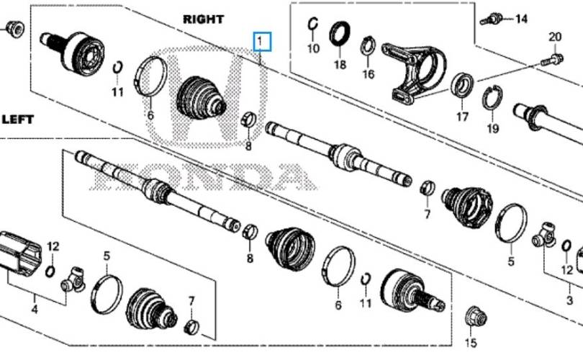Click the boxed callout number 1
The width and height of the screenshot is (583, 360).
[262, 41]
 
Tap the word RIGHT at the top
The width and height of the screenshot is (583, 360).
[204, 19]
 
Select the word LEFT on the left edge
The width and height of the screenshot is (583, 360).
[18, 120]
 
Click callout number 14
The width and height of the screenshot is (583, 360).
[521, 18]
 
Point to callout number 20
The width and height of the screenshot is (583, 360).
[555, 37]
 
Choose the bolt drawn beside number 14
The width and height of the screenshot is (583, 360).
[492, 19]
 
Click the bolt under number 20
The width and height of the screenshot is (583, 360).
[552, 60]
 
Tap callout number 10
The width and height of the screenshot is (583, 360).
[313, 48]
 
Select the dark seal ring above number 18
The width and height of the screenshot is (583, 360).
[340, 35]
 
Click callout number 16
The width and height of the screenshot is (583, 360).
[368, 74]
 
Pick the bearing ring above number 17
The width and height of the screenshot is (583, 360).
[462, 86]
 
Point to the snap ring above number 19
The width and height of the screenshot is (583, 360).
[492, 98]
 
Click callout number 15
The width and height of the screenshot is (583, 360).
[471, 343]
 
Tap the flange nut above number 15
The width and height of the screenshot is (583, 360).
[476, 318]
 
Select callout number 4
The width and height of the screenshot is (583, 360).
[35, 309]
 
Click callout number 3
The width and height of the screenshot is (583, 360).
[569, 300]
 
